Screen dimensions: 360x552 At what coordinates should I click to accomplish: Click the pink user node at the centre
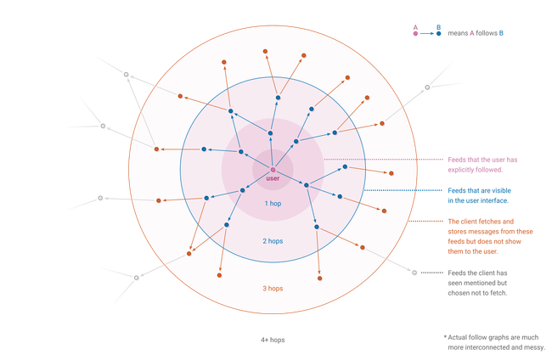273,172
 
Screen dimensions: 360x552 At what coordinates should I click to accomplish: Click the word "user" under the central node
273,179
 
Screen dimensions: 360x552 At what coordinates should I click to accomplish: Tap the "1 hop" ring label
273,204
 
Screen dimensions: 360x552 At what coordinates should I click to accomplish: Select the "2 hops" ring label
273,242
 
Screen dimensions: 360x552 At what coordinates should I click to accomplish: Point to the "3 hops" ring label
273,289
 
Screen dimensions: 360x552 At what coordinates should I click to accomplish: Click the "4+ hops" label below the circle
273,340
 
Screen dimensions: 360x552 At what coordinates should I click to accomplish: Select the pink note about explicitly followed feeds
481,163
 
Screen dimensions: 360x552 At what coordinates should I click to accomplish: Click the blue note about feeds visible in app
481,196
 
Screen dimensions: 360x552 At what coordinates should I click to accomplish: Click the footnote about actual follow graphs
497,341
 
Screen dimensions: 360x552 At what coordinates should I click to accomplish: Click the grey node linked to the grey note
414,273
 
